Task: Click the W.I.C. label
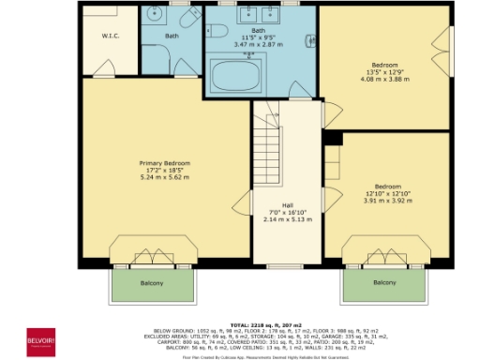tap(109, 37)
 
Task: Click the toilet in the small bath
tap(185, 21)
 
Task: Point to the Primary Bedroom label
tap(164, 163)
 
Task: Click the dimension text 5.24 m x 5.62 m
tap(164, 176)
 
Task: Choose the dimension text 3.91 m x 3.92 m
tap(388, 200)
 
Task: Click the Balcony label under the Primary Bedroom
tap(152, 282)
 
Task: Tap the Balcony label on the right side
tap(384, 282)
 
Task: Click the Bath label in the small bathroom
tap(172, 37)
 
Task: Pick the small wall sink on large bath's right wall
tap(309, 40)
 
